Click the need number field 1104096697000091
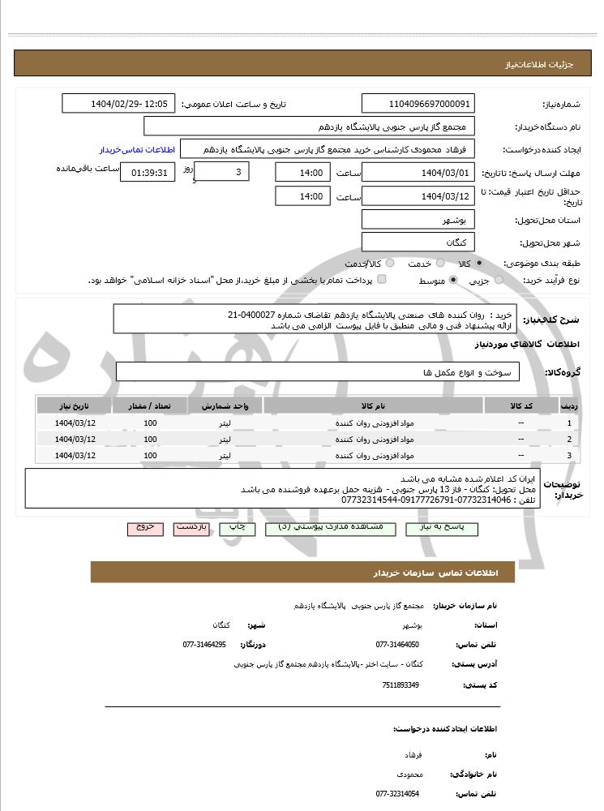418,104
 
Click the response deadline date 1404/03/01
418,173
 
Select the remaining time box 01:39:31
147,173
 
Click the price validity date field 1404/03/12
418,196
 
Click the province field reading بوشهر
418,220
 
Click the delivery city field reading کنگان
418,242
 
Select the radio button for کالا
480,264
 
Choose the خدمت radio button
439,264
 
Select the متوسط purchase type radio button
452,281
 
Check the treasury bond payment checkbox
382,280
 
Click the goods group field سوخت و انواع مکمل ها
318,372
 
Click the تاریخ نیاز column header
75,405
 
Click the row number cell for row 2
569,439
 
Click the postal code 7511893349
401,685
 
